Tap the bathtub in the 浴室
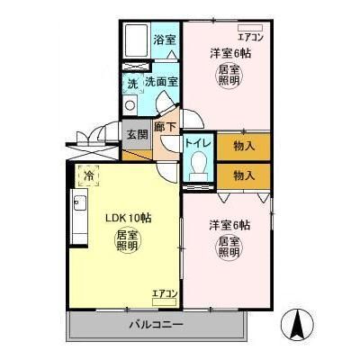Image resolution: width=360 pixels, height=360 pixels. point(137,41)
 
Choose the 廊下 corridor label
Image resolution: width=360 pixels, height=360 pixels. point(165,129)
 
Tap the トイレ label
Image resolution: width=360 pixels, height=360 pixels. point(198,142)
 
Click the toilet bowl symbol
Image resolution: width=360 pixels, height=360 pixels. point(199,167)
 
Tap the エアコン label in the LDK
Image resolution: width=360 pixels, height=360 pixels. point(165,293)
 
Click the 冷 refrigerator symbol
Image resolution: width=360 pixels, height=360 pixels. point(87,176)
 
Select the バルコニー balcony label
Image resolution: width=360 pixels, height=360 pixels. point(155,323)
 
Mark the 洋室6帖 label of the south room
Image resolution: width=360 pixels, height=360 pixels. point(229,224)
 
